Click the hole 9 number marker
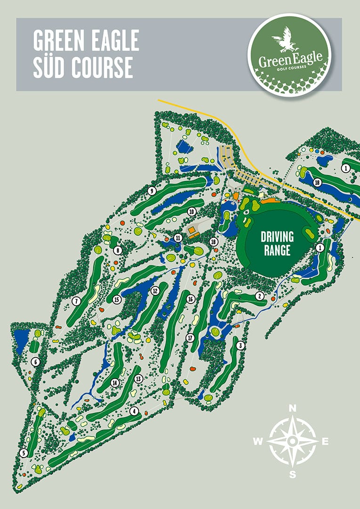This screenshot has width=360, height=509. tap(152, 191)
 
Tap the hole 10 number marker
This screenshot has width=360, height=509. tap(191, 212)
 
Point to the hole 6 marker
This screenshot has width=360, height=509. tap(35, 362)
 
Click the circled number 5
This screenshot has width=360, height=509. tap(24, 453)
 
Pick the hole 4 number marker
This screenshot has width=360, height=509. tap(135, 411)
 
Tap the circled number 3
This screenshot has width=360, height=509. tap(241, 345)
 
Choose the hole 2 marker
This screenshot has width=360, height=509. tap(259, 296)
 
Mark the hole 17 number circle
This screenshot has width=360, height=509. tap(190, 337)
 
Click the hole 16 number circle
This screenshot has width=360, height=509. tap(191, 299)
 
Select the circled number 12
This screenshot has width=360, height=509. tap(154, 291)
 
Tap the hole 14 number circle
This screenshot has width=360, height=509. tap(114, 383)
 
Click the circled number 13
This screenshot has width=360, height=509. tap(138, 378)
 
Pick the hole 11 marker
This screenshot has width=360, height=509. tap(178, 237)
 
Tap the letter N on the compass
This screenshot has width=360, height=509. tap(292, 408)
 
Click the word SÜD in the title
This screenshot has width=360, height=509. tap(50, 68)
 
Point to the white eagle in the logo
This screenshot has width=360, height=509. tap(286, 40)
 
